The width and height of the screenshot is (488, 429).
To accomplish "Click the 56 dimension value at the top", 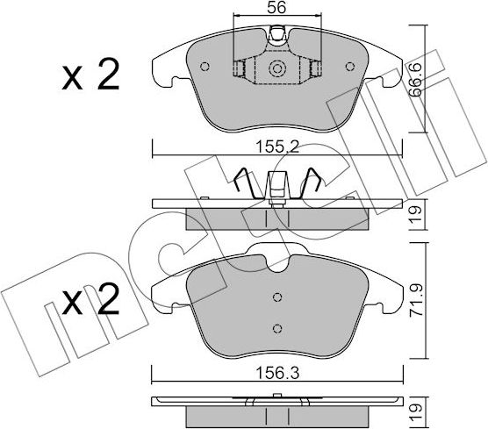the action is [x=276, y=7].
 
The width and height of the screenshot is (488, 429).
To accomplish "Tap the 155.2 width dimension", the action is [x=277, y=147].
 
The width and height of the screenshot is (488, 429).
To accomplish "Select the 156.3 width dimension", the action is [x=277, y=373].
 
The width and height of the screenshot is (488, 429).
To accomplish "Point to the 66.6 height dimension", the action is [x=415, y=79].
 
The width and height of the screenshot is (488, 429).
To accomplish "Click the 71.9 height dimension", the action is [x=416, y=300].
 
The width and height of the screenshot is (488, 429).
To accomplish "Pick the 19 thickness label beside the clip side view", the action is [x=416, y=214].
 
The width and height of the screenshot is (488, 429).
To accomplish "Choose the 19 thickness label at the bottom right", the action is [x=416, y=411].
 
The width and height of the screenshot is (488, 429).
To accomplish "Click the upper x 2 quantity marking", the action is [x=90, y=75].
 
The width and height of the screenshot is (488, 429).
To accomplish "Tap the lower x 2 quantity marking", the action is [x=90, y=299].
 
